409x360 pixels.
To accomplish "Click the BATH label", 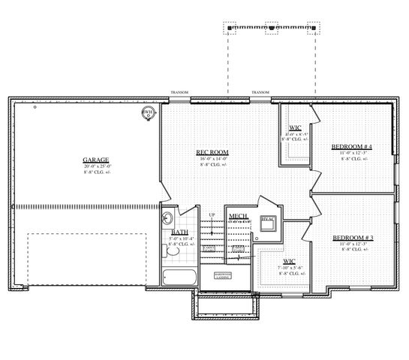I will [x=179, y=232].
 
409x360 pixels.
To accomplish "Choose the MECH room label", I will [x=239, y=217].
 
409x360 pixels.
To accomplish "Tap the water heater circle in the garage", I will [x=149, y=114].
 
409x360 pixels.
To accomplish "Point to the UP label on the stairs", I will [x=212, y=214].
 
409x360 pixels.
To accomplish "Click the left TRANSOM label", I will [x=179, y=92].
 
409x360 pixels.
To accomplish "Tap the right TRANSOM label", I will [x=260, y=92].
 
